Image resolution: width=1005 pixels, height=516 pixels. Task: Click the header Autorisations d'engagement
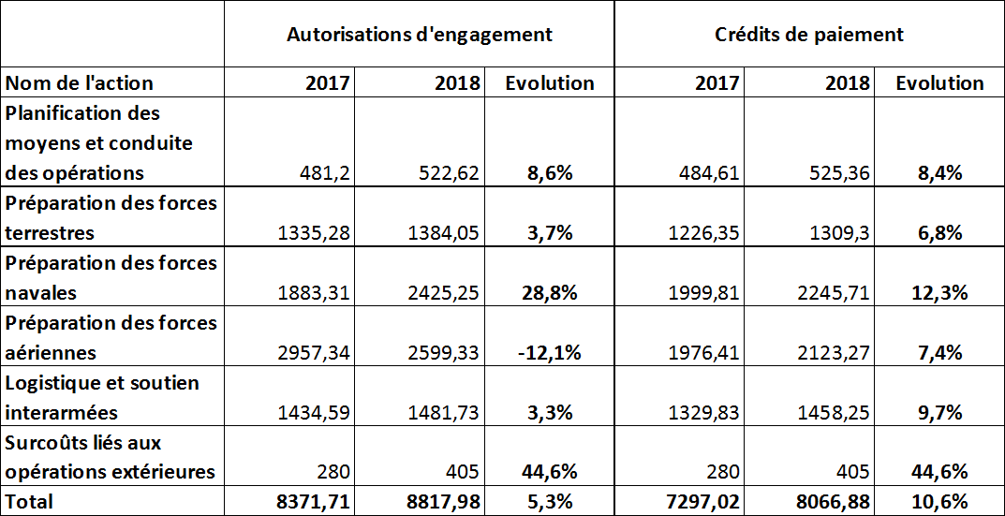pyautogui.click(x=419, y=35)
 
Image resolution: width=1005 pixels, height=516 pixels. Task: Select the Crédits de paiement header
pyautogui.click(x=809, y=35)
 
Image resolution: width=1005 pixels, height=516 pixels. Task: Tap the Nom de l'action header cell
pyautogui.click(x=80, y=83)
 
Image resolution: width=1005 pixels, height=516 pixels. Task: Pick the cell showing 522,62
pyautogui.click(x=445, y=173)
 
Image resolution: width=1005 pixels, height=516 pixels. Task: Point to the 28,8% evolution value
pyautogui.click(x=549, y=293)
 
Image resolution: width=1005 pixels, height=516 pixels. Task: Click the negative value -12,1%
pyautogui.click(x=549, y=353)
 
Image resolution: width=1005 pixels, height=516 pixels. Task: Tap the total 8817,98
pyautogui.click(x=445, y=501)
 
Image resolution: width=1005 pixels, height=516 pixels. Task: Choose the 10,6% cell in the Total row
pyautogui.click(x=938, y=501)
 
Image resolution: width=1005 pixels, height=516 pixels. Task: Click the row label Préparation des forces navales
pyautogui.click(x=111, y=277)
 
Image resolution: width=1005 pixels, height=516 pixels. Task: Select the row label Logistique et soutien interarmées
pyautogui.click(x=102, y=397)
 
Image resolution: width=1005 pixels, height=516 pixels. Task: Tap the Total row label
pyautogui.click(x=30, y=501)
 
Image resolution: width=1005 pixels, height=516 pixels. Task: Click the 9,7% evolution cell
pyautogui.click(x=938, y=413)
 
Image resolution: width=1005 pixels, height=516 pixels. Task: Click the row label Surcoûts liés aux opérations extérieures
pyautogui.click(x=111, y=457)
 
